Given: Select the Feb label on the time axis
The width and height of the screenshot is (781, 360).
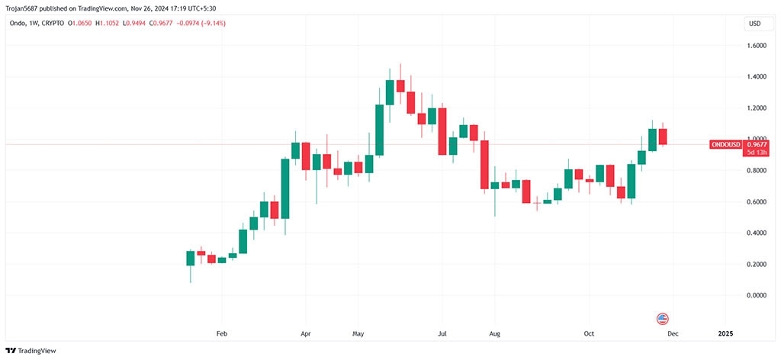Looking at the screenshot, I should (x=222, y=334).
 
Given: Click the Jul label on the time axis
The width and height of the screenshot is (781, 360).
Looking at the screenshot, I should (x=442, y=334).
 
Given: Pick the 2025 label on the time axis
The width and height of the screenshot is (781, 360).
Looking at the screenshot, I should (x=725, y=334).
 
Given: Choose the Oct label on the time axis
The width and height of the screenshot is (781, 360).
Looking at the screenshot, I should (x=589, y=334).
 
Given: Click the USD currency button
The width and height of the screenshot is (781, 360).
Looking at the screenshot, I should (x=754, y=24).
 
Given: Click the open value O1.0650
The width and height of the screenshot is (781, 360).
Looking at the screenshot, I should (x=79, y=24).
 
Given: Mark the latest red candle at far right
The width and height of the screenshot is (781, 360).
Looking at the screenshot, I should (x=663, y=136).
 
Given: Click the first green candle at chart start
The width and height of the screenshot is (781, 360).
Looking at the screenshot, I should (x=191, y=258).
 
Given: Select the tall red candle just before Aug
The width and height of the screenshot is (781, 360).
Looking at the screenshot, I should (x=484, y=164).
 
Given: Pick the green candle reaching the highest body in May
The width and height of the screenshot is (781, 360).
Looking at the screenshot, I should (x=390, y=92).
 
